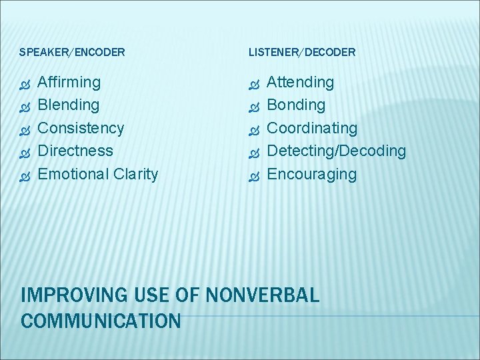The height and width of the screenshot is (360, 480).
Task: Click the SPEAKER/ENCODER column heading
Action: tap(72, 52)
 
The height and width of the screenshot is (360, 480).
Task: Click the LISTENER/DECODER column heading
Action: tap(302, 52)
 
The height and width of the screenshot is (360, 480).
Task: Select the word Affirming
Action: tap(69, 83)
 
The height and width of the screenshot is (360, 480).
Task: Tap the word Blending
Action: tap(69, 105)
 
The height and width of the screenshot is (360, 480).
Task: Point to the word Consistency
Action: tap(81, 128)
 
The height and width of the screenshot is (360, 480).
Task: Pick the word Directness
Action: tap(75, 151)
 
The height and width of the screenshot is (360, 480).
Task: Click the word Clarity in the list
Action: tap(135, 174)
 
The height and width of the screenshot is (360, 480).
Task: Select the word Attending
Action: tap(300, 83)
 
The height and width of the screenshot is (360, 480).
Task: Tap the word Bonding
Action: tap(296, 105)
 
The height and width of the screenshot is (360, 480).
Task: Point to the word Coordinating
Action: tap(312, 128)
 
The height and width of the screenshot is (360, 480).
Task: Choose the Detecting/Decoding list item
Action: tap(336, 151)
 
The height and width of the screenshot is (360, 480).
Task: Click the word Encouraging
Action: tap(311, 174)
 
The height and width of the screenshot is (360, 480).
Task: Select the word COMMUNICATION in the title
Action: tap(101, 321)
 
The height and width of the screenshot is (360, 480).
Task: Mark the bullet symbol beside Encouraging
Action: tap(253, 175)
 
